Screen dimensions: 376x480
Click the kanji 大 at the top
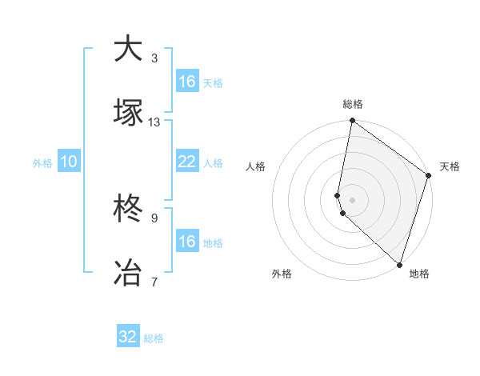(129, 49)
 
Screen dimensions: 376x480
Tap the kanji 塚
(129, 112)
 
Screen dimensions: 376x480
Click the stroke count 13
(154, 122)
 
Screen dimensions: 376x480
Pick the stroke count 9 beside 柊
(154, 218)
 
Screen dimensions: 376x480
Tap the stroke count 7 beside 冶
(154, 282)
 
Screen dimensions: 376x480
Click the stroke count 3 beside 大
(154, 58)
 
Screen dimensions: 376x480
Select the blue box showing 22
(186, 162)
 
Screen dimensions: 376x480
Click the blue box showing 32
(128, 337)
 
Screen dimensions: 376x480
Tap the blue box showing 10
(69, 162)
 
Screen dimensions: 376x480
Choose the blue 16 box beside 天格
(186, 82)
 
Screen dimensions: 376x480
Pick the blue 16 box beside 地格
(186, 242)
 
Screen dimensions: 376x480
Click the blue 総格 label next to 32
(154, 338)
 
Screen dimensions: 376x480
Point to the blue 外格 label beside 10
(42, 163)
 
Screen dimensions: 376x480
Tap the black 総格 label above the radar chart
(353, 104)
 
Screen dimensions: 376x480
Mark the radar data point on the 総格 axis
(352, 122)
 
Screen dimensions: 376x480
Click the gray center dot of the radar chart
(352, 198)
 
